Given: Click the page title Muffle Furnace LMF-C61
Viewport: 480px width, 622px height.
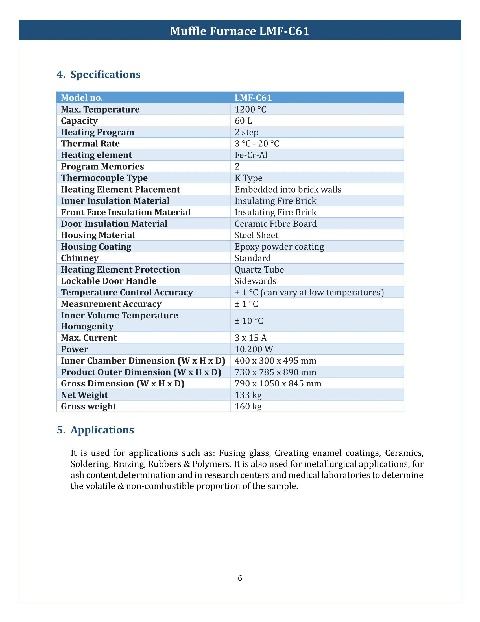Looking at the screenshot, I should (x=240, y=31).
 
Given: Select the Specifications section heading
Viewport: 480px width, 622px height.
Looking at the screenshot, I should (x=105, y=74).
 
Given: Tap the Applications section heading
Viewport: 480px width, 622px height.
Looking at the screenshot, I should (x=102, y=430).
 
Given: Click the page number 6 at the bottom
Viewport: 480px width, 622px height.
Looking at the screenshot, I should (x=240, y=578).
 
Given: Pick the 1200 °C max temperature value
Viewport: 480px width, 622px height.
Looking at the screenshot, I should (x=250, y=109).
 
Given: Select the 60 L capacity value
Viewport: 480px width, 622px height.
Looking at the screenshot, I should (x=243, y=121).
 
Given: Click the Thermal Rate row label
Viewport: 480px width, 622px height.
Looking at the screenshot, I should (x=90, y=144).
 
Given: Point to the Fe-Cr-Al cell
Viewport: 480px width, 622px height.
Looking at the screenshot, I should (x=251, y=155).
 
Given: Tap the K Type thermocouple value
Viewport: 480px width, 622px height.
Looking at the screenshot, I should (x=248, y=178).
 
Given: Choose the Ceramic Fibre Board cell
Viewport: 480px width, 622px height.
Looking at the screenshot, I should (x=275, y=224).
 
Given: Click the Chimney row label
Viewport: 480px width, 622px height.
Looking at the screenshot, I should (x=80, y=258).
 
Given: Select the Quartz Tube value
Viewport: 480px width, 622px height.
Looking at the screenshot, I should (x=259, y=269).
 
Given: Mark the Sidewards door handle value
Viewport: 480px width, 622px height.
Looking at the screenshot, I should (x=255, y=281).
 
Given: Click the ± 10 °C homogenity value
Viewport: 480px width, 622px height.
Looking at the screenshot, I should (x=249, y=321).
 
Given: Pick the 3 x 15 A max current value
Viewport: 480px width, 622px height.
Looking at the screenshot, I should (x=250, y=338).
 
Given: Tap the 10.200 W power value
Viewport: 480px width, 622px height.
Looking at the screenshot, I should (x=254, y=349).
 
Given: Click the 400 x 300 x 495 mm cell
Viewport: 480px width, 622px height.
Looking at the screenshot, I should (x=275, y=361).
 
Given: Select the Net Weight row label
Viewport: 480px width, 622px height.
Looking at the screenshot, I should (x=84, y=395).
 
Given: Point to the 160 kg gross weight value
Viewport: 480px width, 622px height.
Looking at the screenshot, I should (x=248, y=406).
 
